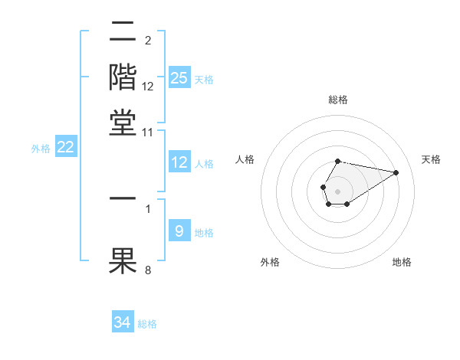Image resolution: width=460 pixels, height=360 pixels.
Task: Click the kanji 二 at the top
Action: pos(123,33)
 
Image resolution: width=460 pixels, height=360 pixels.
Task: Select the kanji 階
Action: pos(123,77)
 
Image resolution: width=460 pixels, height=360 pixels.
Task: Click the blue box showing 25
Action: pos(179,78)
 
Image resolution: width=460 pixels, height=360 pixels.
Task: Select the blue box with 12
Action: pos(179,162)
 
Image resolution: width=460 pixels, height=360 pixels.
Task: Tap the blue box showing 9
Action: pos(179,231)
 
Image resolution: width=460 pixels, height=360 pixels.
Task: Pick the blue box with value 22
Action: pos(65,148)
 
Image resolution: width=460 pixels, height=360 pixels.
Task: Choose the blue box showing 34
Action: pos(123,322)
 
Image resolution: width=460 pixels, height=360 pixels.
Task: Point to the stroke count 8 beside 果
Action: pos(147,270)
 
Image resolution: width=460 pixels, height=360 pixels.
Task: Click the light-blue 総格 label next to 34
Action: pos(147,324)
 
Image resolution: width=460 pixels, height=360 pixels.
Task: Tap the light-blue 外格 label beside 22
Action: pos(40,149)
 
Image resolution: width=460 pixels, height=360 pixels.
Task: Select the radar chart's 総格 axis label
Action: pos(337,100)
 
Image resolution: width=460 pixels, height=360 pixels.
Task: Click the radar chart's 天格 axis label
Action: pos(431,159)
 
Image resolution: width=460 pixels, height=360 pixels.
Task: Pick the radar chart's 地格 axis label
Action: pos(402,263)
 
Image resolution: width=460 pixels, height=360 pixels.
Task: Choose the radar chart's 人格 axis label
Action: pos(245,159)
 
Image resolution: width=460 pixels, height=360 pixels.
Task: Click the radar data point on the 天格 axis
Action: pos(396,172)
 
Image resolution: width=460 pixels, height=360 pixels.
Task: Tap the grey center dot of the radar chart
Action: pos(337,190)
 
